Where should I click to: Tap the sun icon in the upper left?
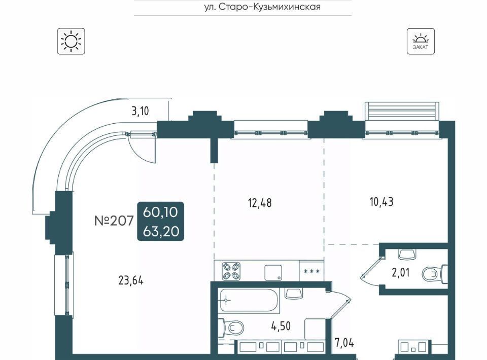[x=71, y=41]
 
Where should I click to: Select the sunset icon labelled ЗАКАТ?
[x=421, y=41]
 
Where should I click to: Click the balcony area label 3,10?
[x=140, y=111]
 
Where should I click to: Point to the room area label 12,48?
[x=260, y=203]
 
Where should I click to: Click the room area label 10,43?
[x=381, y=202]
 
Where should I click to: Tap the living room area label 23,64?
[x=131, y=280]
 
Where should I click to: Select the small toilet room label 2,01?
[x=401, y=272]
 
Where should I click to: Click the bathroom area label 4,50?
[x=281, y=326]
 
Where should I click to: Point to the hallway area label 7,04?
[x=344, y=343]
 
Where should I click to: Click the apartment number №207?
[x=114, y=221]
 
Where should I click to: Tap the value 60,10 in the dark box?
[x=161, y=212]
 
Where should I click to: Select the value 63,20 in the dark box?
[x=161, y=231]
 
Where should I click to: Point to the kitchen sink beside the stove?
[x=273, y=273]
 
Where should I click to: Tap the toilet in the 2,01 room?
[x=435, y=274]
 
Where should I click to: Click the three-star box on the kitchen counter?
[x=311, y=271]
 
